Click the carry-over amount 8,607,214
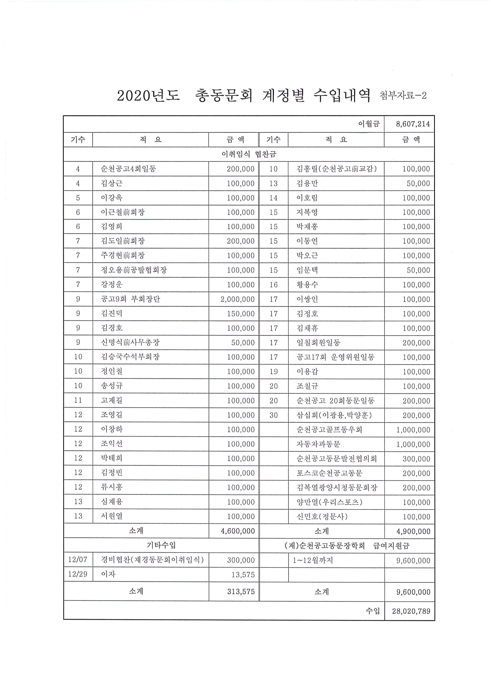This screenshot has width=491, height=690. click(413, 124)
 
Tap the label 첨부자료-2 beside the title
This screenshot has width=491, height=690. click(403, 95)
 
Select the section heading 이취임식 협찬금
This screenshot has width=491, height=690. click(249, 154)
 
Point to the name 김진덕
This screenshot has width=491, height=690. click(112, 313)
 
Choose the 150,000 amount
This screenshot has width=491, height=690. click(241, 314)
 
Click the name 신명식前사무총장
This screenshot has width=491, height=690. click(130, 343)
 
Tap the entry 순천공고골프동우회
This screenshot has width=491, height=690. click(329, 430)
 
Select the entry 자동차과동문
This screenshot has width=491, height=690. click(318, 444)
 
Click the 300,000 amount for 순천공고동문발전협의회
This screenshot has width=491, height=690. click(416, 459)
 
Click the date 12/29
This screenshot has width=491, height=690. click(78, 575)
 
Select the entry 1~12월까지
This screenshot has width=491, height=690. click(312, 560)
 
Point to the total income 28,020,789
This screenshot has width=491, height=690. click(411, 611)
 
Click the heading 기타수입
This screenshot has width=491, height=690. click(161, 546)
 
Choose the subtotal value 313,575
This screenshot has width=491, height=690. click(241, 592)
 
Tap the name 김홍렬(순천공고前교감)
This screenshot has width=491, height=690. click(336, 169)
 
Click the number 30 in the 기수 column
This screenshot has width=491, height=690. click(273, 415)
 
